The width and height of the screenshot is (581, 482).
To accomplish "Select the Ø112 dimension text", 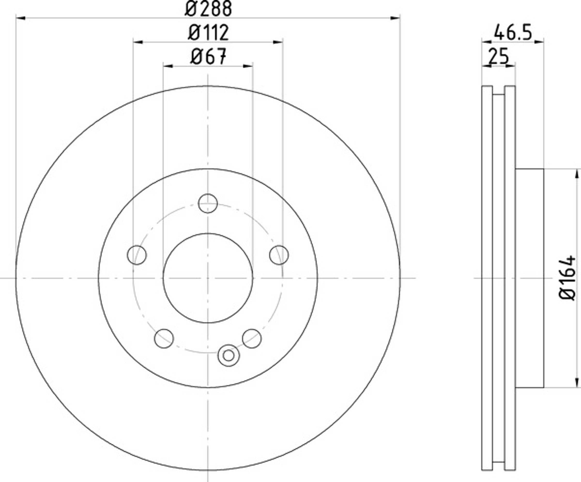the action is coord(208,33).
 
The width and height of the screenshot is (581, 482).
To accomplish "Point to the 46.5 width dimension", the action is coord(513,33).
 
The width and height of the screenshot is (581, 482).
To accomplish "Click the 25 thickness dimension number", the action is coord(498,57).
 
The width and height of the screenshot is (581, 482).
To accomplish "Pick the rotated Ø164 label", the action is coord(567,278).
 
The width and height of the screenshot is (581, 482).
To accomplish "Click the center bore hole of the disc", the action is coord(208,278).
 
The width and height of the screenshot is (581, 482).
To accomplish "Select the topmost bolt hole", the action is coord(208,203).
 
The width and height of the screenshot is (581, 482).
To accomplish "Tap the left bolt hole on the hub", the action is coord(137,255).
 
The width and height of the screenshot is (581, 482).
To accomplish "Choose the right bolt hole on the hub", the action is coord(279,255).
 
